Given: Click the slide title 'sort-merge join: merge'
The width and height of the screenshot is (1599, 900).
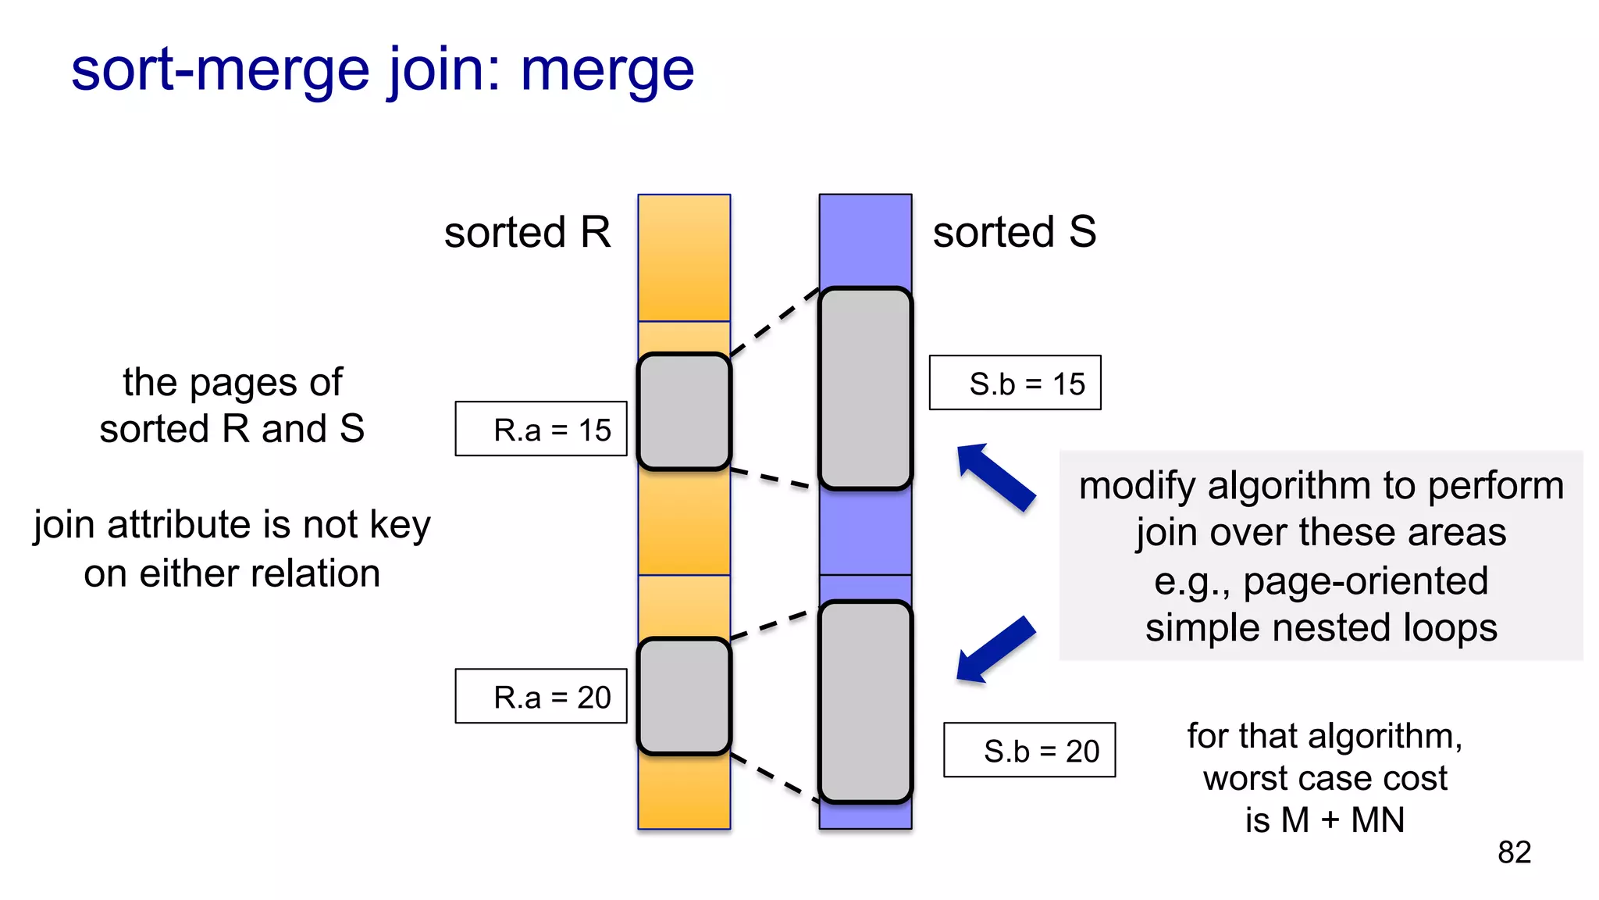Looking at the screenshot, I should pos(382,70).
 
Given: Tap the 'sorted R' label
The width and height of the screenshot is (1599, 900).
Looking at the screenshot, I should pos(527,233).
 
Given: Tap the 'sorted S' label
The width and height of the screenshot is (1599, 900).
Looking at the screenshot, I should pos(1014,233).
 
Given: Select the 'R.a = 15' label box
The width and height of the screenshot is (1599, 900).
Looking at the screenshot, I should pos(541,429).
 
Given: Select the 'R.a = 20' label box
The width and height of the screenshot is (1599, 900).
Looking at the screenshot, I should pos(541,696).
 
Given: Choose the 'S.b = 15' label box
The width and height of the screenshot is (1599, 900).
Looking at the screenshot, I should pos(1015,383).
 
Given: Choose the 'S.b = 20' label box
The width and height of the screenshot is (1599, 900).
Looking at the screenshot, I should pos(1029,750).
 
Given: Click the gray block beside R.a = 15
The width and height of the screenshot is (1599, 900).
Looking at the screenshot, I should pos(684,412).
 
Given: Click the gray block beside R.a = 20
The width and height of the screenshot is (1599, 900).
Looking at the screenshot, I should pos(684,696).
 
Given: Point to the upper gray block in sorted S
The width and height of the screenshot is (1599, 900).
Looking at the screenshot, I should pos(865,388).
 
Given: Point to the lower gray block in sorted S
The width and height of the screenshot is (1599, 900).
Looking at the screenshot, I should pos(865,702).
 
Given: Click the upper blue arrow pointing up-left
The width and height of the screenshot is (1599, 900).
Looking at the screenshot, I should pos(995,477).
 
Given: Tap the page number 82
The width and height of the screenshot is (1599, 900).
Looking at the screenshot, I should pos(1514,852).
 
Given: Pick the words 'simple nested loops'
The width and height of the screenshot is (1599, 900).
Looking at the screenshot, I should pos(1321,628).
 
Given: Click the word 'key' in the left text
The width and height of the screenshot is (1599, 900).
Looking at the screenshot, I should pos(400,525).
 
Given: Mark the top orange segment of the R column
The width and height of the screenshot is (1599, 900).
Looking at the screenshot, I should pos(684,258).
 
